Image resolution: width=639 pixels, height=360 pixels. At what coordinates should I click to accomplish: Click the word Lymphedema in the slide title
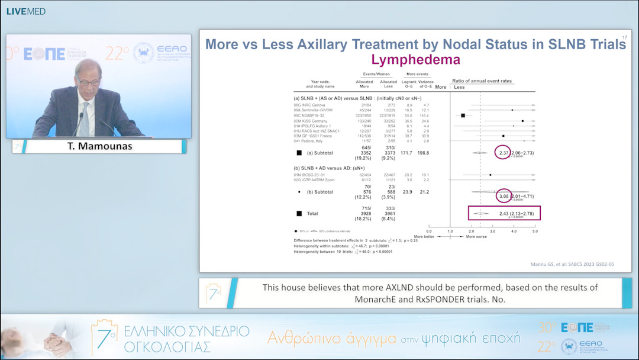pyautogui.click(x=415, y=59)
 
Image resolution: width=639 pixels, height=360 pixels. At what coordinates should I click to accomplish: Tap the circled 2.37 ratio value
pyautogui.click(x=504, y=153)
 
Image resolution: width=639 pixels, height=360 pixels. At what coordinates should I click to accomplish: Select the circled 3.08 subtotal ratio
pyautogui.click(x=504, y=195)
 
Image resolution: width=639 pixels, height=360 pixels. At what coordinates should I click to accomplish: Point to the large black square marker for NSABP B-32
pyautogui.click(x=463, y=115)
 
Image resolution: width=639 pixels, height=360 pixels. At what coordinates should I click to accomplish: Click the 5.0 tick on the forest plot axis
pyautogui.click(x=535, y=232)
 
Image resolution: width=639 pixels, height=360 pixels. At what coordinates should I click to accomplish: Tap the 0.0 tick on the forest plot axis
pyautogui.click(x=429, y=232)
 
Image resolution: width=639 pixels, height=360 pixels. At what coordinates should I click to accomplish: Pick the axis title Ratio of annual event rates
pyautogui.click(x=482, y=81)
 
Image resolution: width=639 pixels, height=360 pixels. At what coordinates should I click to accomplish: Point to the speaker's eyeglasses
pyautogui.click(x=87, y=76)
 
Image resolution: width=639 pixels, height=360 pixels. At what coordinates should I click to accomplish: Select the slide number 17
pyautogui.click(x=625, y=38)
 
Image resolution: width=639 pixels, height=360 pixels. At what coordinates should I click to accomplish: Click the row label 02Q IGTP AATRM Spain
pyautogui.click(x=319, y=179)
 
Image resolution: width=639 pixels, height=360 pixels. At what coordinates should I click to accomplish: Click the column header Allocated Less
pyautogui.click(x=388, y=83)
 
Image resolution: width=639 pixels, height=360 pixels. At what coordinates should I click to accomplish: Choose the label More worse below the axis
pyautogui.click(x=477, y=237)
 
